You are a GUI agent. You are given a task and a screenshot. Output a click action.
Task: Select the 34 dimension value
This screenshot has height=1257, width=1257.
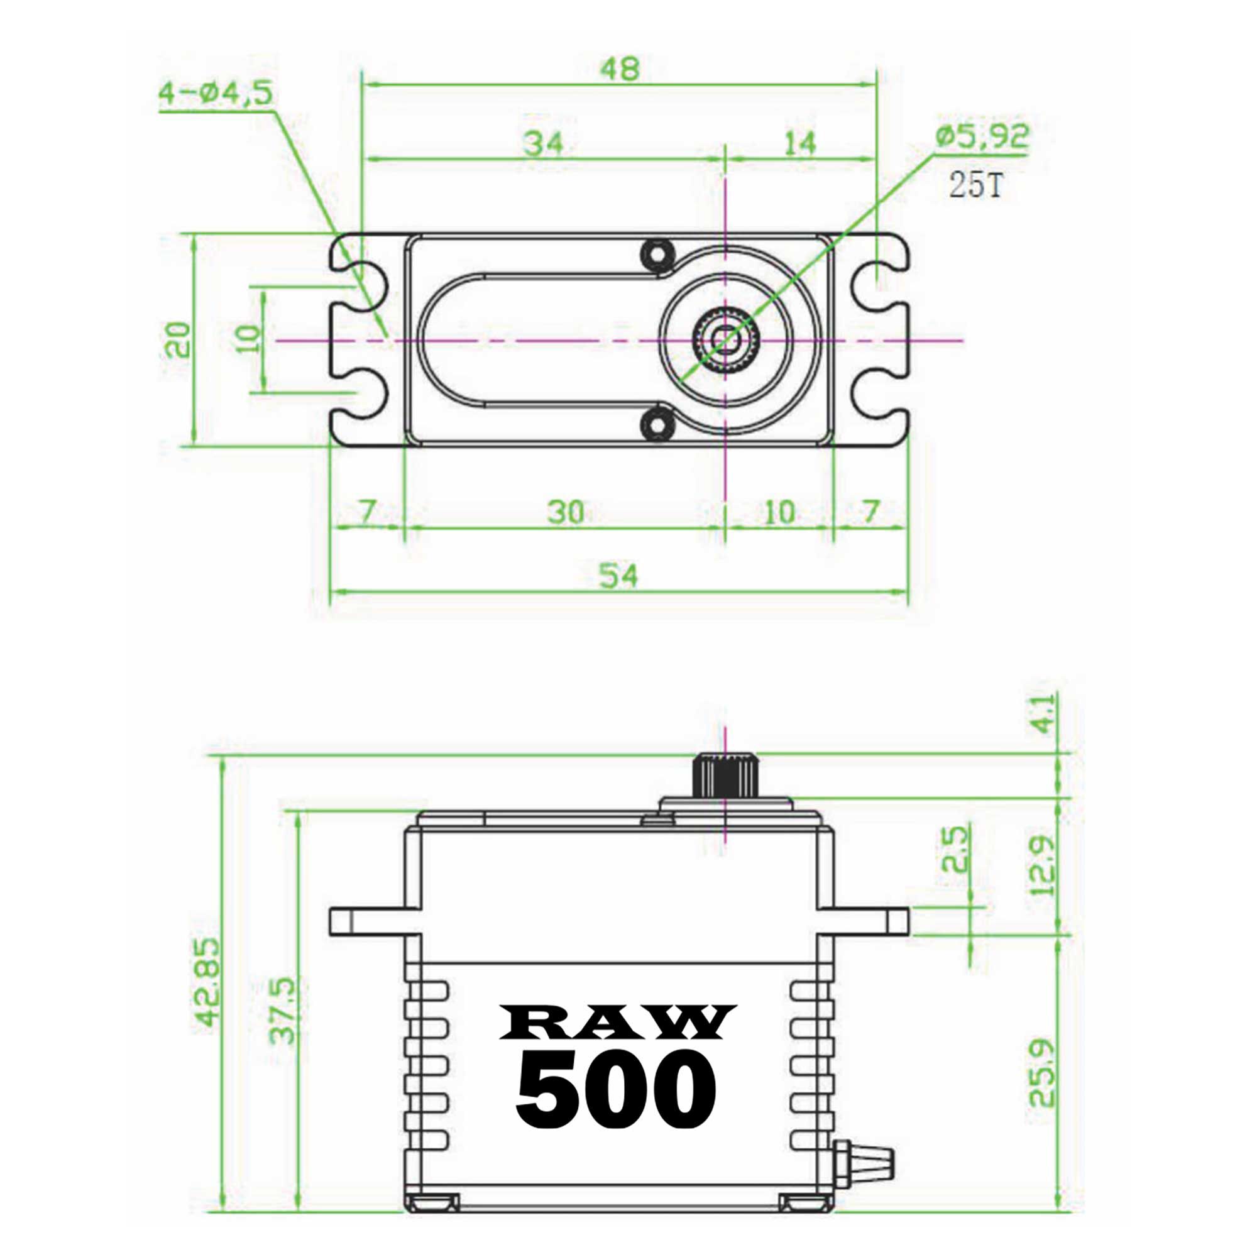[543, 144]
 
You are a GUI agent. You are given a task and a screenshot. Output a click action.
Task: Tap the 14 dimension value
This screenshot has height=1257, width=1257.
[799, 144]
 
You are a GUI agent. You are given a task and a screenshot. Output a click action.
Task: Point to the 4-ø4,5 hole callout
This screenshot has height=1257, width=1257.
[216, 94]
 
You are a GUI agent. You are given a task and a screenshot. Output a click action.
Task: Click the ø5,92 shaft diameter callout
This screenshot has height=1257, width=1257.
[982, 136]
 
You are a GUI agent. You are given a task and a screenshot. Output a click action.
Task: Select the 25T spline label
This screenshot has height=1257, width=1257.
[976, 185]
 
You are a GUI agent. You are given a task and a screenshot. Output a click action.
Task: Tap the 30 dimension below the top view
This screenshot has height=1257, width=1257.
[565, 513]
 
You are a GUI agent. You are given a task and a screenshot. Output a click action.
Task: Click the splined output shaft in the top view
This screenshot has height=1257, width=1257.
[725, 339]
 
